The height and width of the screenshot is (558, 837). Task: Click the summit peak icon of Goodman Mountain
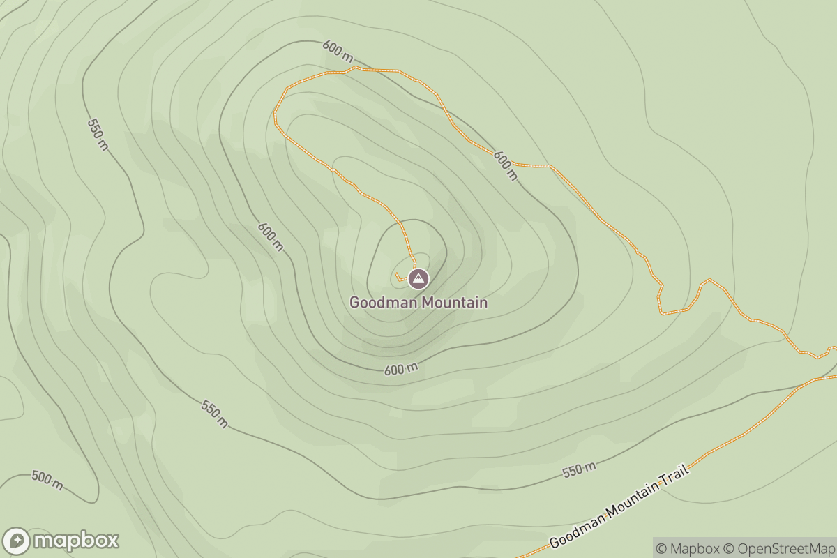(x=418, y=279)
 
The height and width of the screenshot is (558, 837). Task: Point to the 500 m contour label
(x=47, y=480)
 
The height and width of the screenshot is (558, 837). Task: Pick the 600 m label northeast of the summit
(x=506, y=165)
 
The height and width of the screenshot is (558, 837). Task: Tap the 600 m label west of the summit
(x=271, y=236)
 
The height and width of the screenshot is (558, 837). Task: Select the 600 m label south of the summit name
(x=401, y=370)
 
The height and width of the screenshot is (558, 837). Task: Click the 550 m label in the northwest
(x=98, y=134)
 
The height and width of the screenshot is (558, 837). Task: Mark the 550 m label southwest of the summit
(x=214, y=414)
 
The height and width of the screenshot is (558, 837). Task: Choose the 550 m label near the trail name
(x=579, y=471)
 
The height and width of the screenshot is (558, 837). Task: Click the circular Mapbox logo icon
(x=17, y=541)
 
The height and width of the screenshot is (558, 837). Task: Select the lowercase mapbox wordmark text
(x=76, y=541)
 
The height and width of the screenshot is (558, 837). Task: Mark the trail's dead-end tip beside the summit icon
(x=395, y=274)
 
